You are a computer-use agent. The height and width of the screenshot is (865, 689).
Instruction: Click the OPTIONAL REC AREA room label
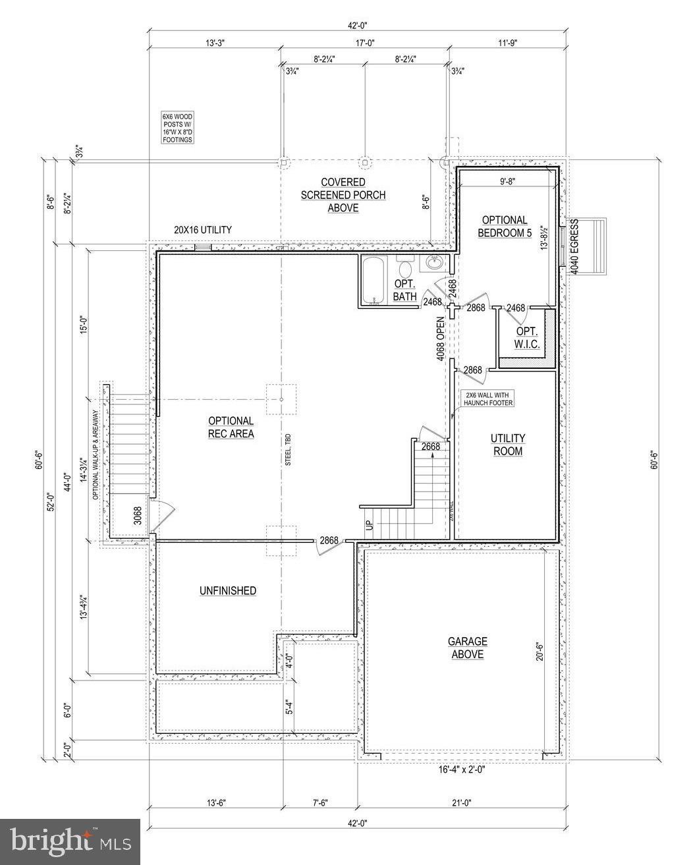click(x=231, y=427)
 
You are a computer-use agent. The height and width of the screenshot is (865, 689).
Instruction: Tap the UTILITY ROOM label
click(x=507, y=445)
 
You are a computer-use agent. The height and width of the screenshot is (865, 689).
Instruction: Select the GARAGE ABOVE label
click(x=467, y=647)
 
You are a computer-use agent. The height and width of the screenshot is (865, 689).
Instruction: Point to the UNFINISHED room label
click(x=228, y=591)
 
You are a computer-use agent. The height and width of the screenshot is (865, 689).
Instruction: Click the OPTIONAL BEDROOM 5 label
click(x=505, y=226)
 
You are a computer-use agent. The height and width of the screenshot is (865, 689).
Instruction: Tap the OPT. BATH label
click(x=405, y=290)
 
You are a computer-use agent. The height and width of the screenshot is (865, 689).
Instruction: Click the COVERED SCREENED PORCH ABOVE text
click(x=343, y=194)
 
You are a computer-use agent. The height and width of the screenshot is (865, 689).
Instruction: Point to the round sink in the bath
click(x=434, y=264)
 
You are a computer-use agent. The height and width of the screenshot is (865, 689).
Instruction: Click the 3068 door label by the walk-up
click(x=138, y=515)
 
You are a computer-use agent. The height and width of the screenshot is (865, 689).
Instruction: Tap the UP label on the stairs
click(x=369, y=525)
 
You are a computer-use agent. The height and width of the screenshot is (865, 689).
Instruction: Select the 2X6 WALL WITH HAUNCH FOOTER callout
click(x=487, y=398)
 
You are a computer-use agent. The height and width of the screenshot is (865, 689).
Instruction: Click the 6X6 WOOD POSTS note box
click(x=178, y=128)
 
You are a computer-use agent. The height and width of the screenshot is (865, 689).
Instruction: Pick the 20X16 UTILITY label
click(x=202, y=230)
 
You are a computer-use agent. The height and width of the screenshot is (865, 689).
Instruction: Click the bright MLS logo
click(x=70, y=841)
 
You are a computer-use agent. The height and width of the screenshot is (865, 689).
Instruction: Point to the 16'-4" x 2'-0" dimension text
click(x=459, y=769)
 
